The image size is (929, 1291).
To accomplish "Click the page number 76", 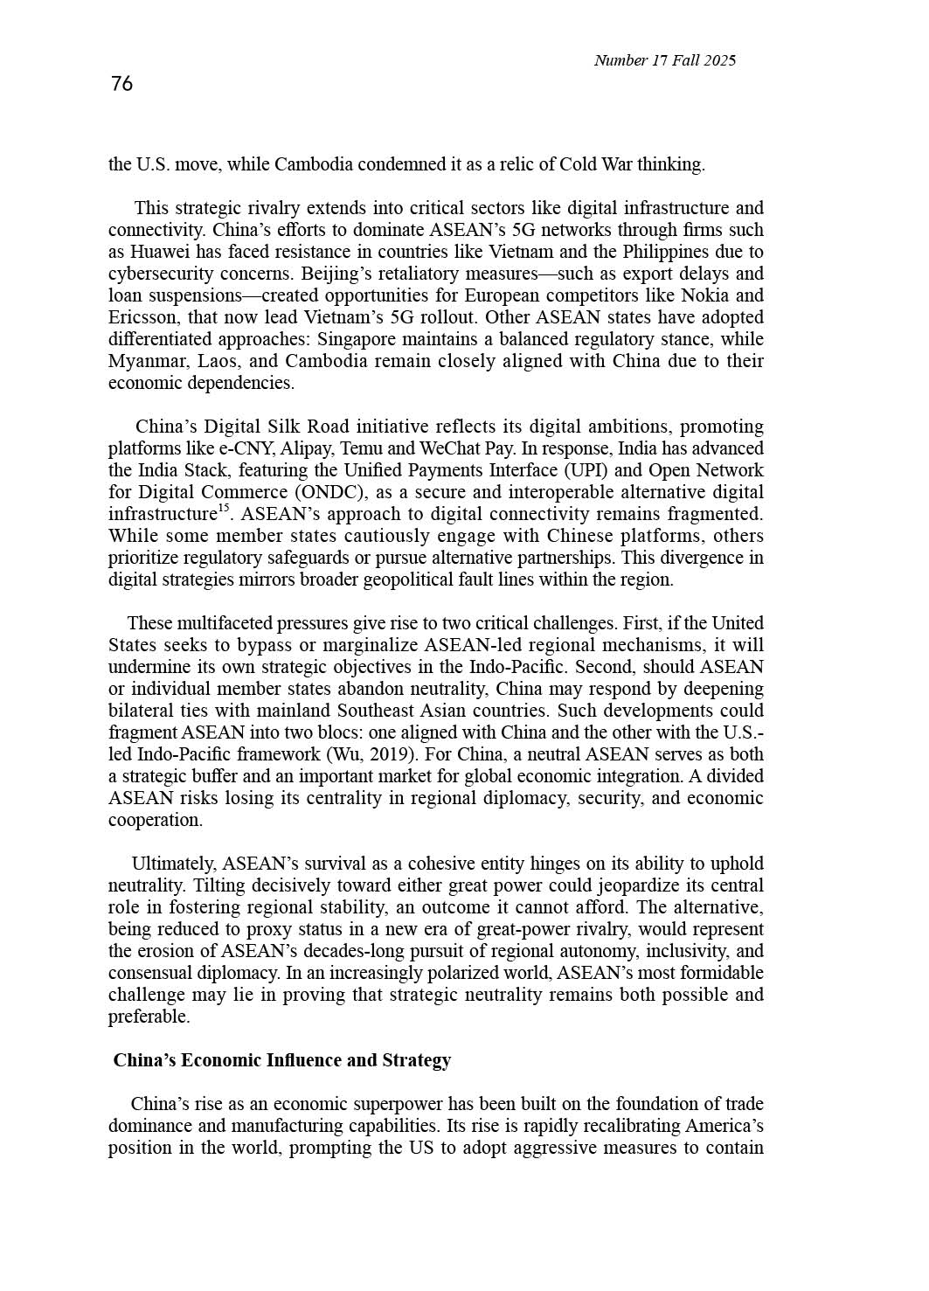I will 122,84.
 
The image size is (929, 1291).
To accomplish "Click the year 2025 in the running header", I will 720,60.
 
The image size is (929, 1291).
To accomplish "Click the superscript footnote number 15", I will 223,508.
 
